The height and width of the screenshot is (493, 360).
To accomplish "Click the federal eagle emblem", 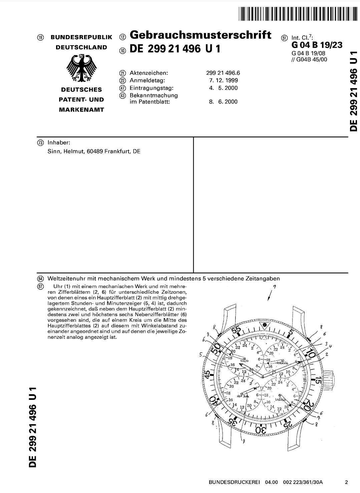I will (82, 68).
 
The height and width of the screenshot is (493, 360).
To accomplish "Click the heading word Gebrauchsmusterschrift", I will (200, 35).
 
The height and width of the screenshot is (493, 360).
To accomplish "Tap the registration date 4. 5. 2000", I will (224, 88).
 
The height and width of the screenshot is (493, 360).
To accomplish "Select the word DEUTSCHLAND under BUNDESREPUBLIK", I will (81, 47).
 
